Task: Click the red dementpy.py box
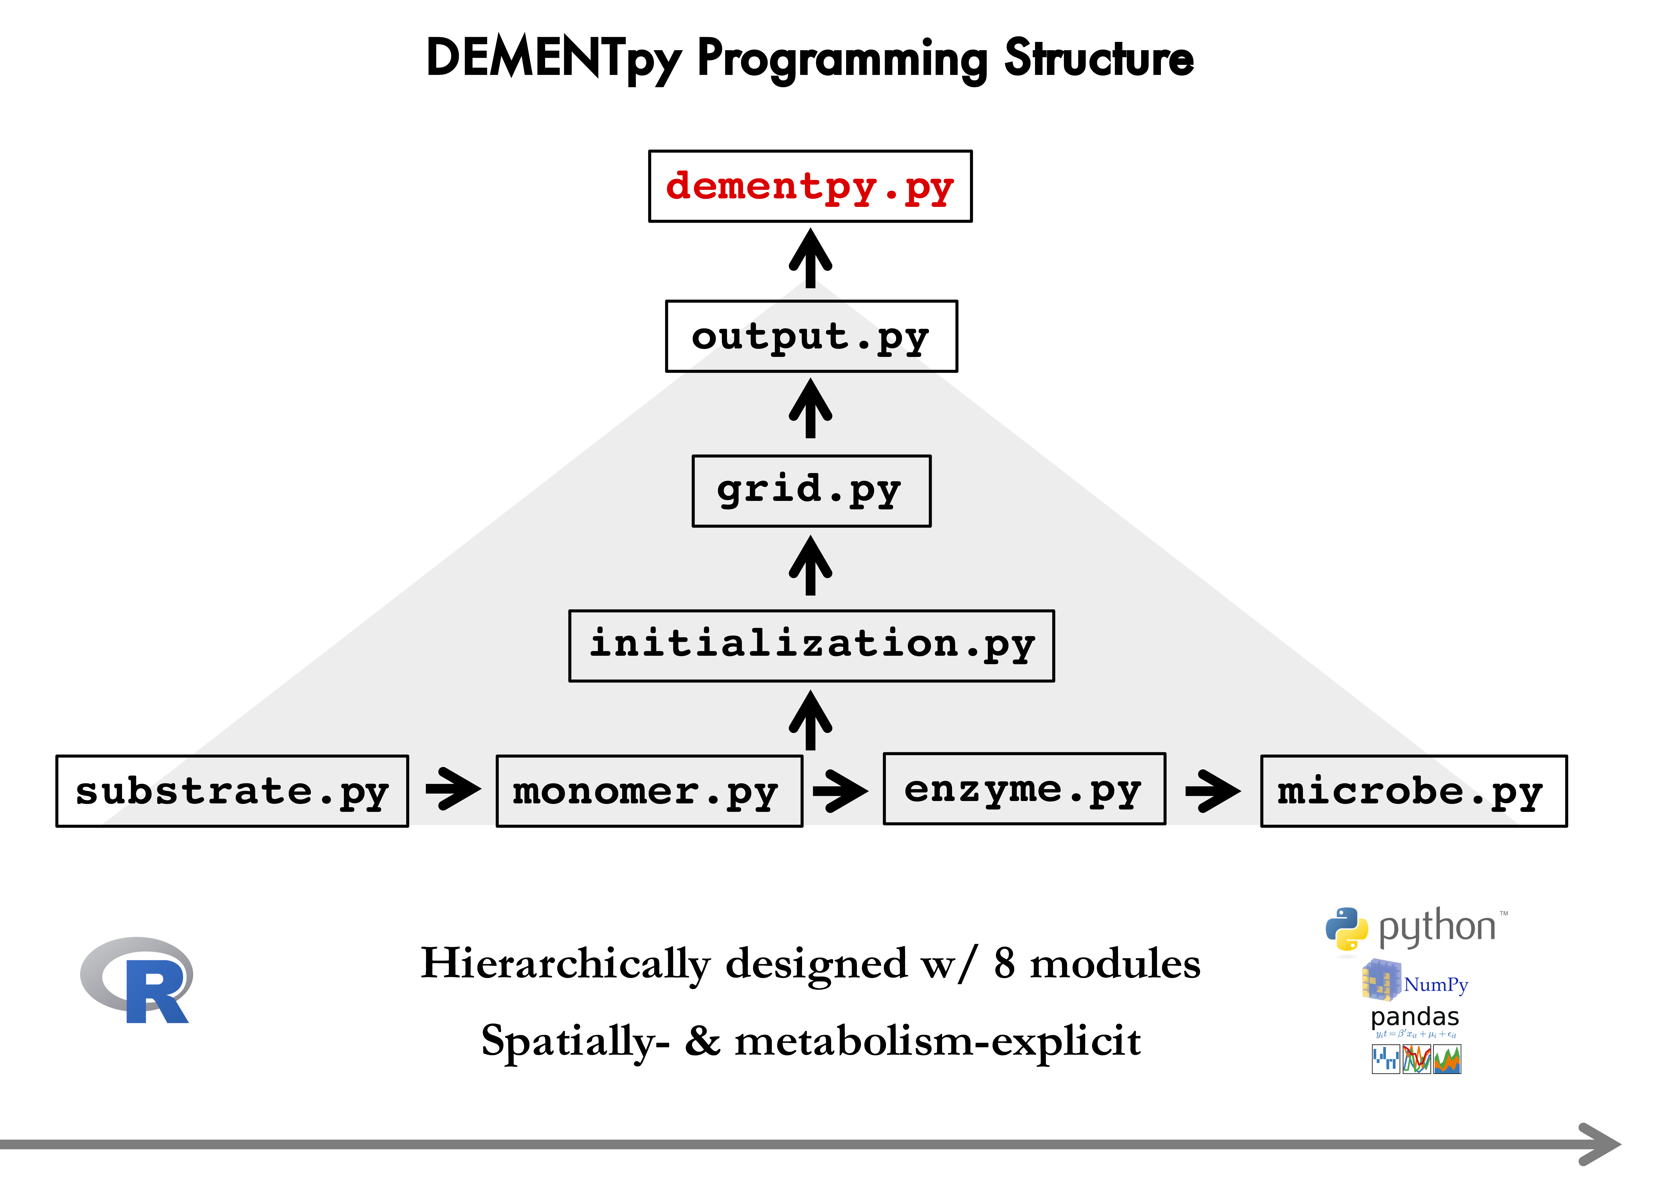810,187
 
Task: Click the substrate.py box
232,791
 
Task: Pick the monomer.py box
649,791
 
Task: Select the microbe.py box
1413,791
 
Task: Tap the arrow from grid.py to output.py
810,410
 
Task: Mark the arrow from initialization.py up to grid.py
810,566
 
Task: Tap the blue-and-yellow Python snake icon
1346,929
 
